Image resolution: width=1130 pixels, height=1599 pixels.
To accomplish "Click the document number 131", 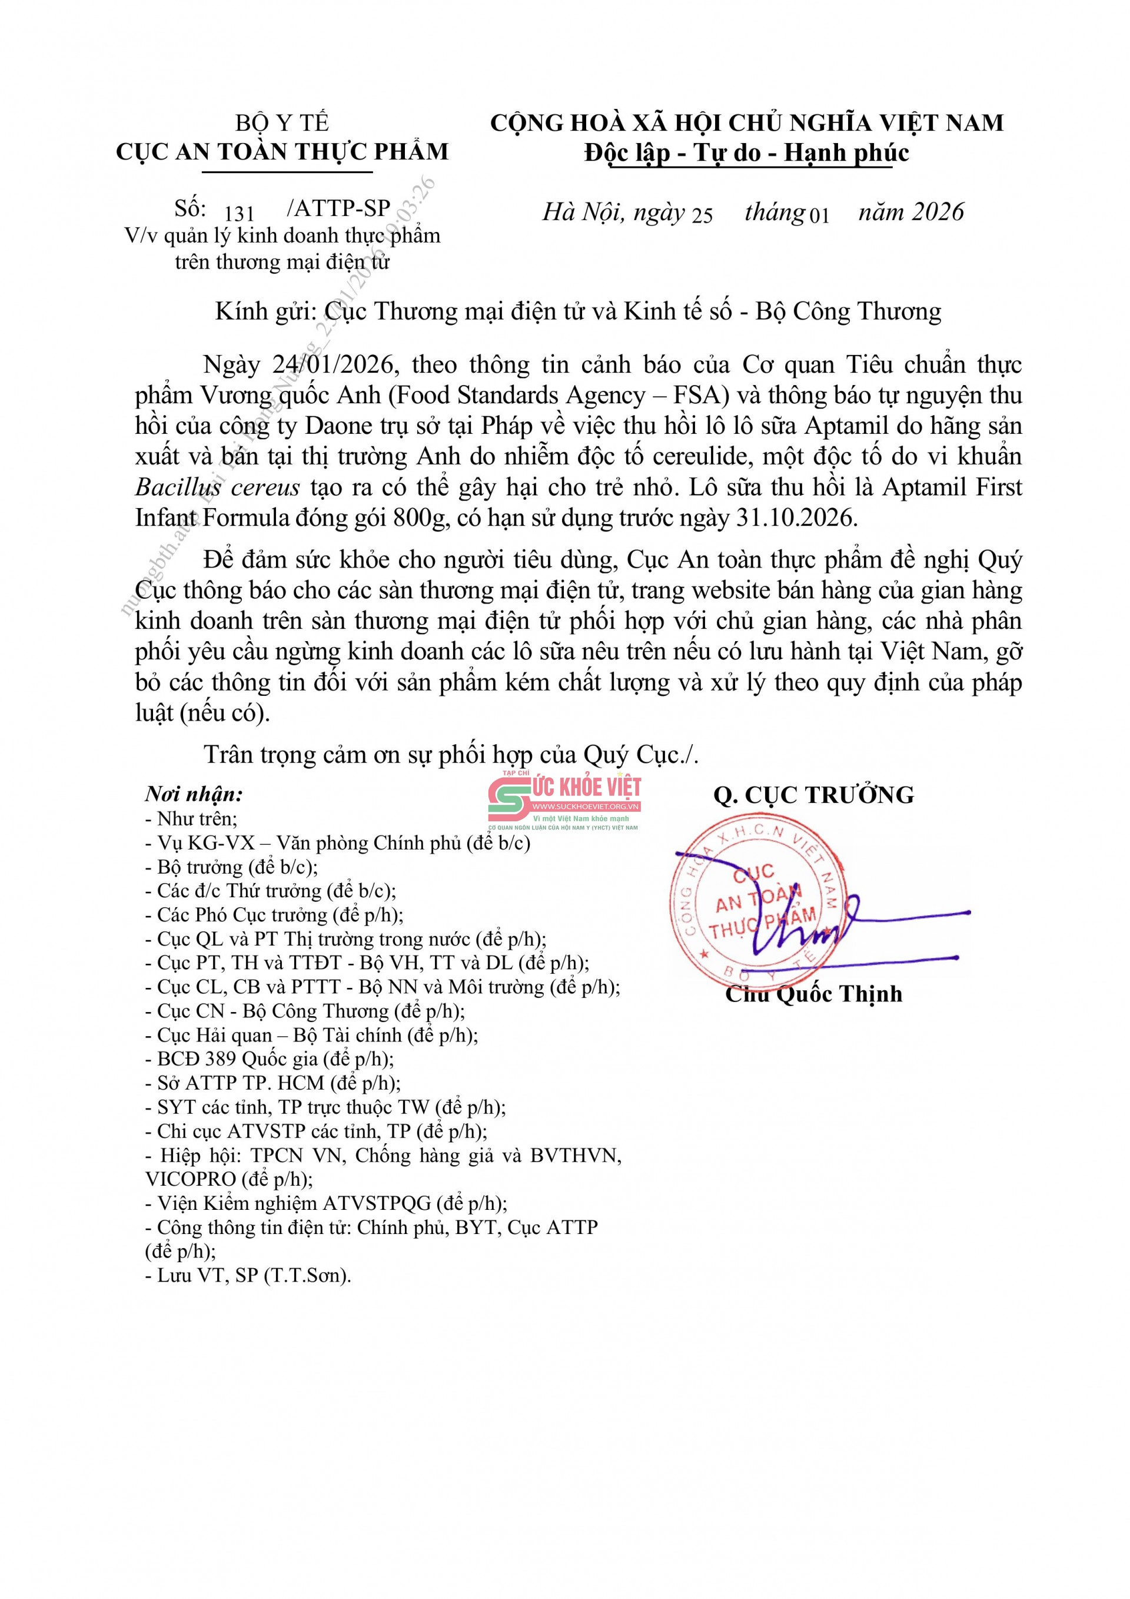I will point(240,213).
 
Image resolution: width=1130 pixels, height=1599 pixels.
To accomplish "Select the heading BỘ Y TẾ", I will point(282,123).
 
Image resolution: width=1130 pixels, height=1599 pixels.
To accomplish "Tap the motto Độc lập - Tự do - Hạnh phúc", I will point(746,152).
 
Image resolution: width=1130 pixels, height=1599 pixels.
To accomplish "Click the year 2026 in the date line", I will point(939,212).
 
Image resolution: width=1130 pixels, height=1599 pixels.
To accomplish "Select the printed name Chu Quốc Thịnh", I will point(813,994).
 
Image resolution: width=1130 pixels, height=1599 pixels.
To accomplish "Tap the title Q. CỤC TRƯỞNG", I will point(813,795).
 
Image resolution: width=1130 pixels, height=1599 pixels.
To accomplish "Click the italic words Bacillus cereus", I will point(218,487).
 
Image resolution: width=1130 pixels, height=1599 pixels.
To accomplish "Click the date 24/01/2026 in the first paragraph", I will point(334,364).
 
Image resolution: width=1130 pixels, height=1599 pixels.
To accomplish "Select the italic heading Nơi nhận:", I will point(194,795).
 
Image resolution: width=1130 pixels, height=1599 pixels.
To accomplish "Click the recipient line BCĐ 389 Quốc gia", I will point(269,1059).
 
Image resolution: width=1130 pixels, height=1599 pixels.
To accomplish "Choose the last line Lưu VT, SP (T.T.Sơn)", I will point(248,1275).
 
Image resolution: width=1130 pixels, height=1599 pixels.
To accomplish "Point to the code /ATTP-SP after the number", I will point(338,208).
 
